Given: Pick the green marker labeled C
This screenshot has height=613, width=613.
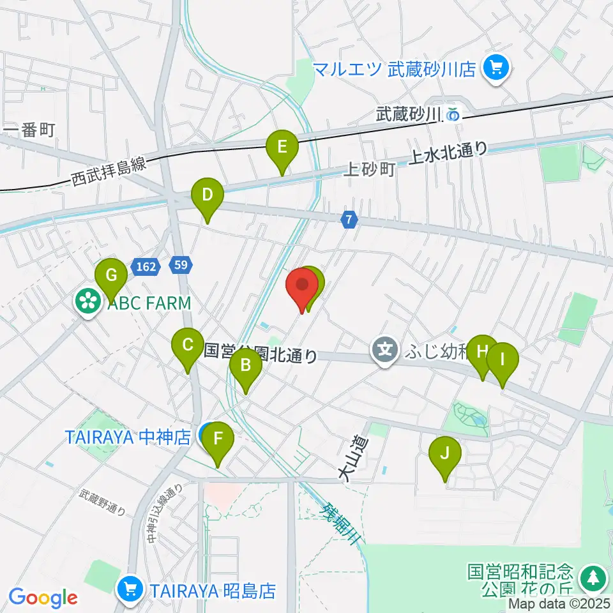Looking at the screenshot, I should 188,347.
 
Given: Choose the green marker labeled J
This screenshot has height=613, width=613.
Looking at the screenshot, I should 445,455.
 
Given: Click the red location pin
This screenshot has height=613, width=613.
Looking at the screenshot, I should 301,285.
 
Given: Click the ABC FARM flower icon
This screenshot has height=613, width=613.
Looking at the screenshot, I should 87,303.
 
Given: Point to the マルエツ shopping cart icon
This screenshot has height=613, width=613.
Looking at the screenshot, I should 495,68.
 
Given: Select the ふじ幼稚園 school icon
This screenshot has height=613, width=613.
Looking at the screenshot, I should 385,350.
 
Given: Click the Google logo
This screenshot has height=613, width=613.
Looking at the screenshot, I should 43,598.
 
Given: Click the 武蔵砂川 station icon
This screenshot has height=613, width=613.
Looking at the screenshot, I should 453,115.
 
